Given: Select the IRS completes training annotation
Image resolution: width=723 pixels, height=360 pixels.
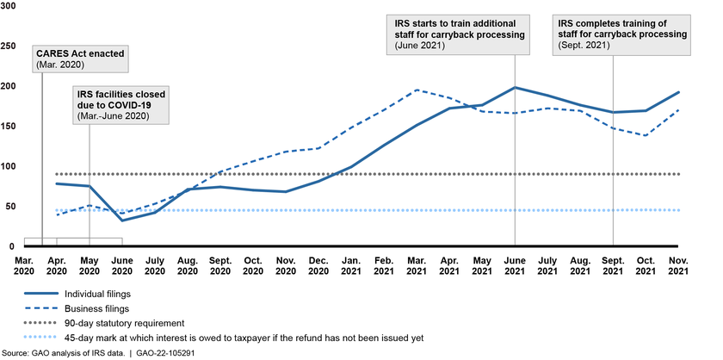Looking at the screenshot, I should pyautogui.click(x=621, y=33).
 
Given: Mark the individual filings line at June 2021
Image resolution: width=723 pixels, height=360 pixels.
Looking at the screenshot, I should pyautogui.click(x=515, y=87).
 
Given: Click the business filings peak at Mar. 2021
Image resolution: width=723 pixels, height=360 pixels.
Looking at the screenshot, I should pyautogui.click(x=417, y=90).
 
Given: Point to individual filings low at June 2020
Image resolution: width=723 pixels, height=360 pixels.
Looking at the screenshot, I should pyautogui.click(x=121, y=220).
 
